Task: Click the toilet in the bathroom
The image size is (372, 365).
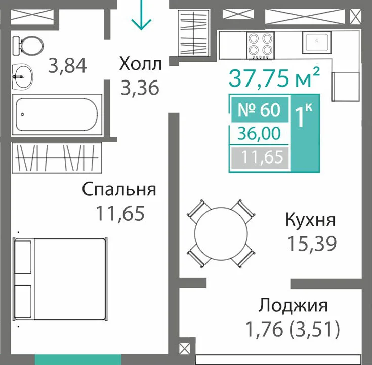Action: [x=28, y=46]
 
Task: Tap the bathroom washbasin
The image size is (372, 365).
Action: [x=22, y=76]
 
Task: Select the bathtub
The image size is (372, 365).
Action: [x=57, y=114]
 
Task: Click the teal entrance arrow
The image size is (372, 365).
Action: [x=141, y=15]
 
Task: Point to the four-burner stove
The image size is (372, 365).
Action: [x=261, y=46]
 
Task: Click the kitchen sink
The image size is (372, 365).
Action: [x=317, y=42]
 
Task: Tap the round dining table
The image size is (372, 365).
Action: [x=221, y=233]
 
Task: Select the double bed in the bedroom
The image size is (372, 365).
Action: [x=60, y=280]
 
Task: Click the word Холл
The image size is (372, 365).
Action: [x=141, y=64]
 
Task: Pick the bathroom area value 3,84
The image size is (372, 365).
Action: [x=67, y=66]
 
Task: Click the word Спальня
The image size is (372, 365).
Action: [x=119, y=189]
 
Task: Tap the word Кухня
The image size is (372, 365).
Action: [x=310, y=220]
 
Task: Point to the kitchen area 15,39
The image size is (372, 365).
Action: [x=312, y=244]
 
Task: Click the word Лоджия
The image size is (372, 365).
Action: [x=293, y=305]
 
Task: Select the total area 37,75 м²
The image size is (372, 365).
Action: [x=274, y=77]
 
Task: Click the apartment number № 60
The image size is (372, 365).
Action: [x=259, y=110]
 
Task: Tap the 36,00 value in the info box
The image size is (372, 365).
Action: [x=259, y=133]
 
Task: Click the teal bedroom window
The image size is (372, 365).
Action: [x=78, y=359]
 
